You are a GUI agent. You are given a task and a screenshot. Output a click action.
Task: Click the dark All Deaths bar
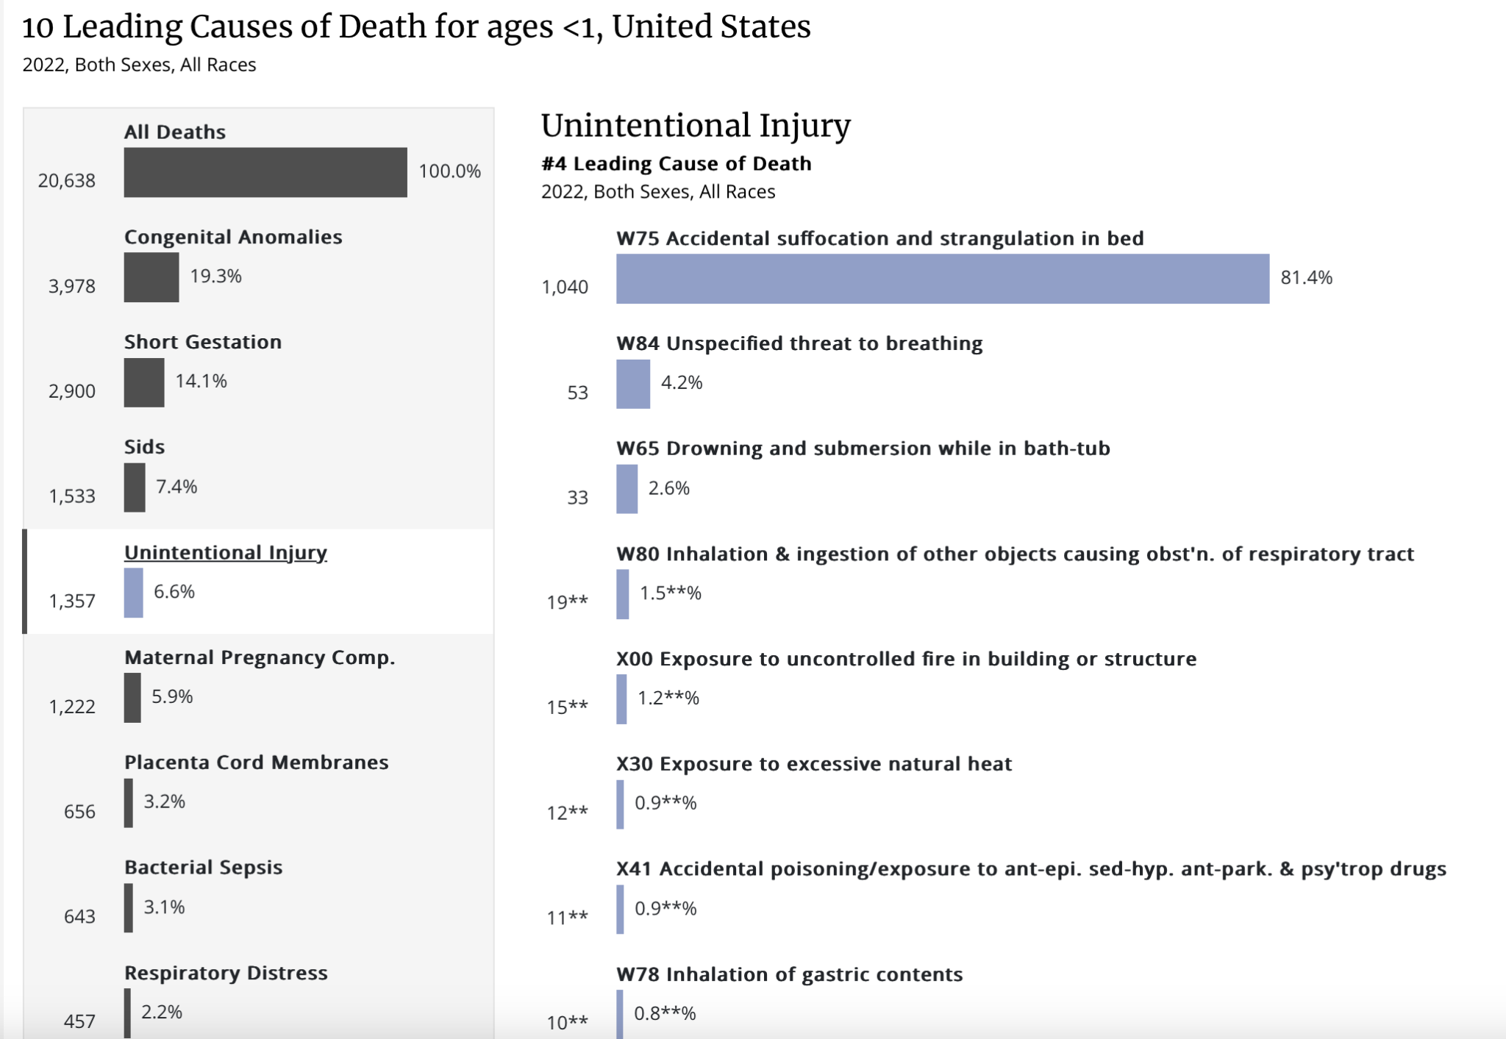coord(265,172)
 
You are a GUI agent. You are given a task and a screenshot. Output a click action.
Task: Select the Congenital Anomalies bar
coord(151,277)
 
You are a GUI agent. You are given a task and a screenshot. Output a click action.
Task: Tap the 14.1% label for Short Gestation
coord(201,381)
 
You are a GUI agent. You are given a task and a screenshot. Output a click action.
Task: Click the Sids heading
coord(144,446)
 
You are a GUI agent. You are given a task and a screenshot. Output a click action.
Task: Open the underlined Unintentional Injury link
coord(225,552)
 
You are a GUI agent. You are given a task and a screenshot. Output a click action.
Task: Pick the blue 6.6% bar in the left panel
coord(133,593)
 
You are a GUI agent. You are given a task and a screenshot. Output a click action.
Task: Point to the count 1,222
coord(72,707)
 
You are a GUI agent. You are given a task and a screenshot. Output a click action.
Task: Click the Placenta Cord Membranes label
coord(256,762)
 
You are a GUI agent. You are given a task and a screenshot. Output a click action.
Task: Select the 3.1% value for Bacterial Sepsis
coord(164,907)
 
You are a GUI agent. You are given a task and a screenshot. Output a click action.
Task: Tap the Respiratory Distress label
coord(226,972)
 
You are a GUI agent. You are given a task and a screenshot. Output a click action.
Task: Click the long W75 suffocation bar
coord(942,279)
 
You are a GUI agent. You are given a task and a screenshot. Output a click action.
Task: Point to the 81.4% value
coord(1306,277)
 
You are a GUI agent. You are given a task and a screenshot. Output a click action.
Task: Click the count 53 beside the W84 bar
coord(577,393)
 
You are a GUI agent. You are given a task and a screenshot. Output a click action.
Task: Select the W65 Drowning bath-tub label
coord(863,448)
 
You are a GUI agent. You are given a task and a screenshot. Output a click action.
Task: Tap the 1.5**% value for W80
coord(670,593)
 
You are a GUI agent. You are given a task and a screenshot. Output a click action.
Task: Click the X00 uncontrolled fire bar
coord(621,699)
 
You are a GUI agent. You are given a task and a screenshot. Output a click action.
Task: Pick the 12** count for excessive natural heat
coord(567,813)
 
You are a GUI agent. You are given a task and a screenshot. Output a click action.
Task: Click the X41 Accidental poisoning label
coord(1031,868)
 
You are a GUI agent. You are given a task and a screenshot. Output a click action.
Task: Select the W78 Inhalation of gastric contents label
coord(789,974)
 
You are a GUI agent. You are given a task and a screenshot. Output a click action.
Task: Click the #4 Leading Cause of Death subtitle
coord(676,163)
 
